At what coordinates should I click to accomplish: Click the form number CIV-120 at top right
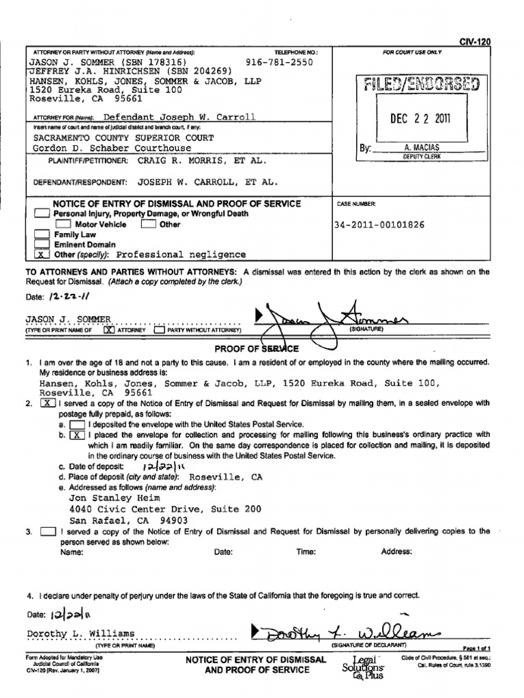pos(475,42)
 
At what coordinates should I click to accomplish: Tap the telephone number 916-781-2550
pos(279,61)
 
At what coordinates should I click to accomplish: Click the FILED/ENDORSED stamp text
pos(422,84)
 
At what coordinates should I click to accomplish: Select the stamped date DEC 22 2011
pos(420,119)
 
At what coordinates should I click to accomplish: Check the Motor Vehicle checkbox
pos(63,224)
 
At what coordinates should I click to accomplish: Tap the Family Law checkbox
pos(42,234)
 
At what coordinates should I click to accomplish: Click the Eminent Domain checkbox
pos(42,245)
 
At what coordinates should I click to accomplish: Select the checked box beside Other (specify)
pos(42,255)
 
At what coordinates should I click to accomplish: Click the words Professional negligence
pos(181,255)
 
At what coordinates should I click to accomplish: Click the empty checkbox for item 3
pos(48,532)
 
